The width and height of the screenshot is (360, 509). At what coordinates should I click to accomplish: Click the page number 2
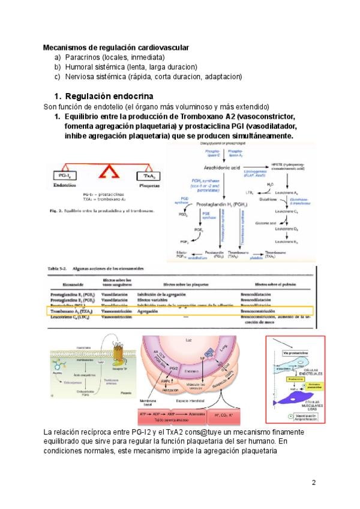click(313, 482)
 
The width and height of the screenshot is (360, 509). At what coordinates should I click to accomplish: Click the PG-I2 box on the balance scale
click(65, 176)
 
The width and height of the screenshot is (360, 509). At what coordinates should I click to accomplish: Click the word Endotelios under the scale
click(65, 187)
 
